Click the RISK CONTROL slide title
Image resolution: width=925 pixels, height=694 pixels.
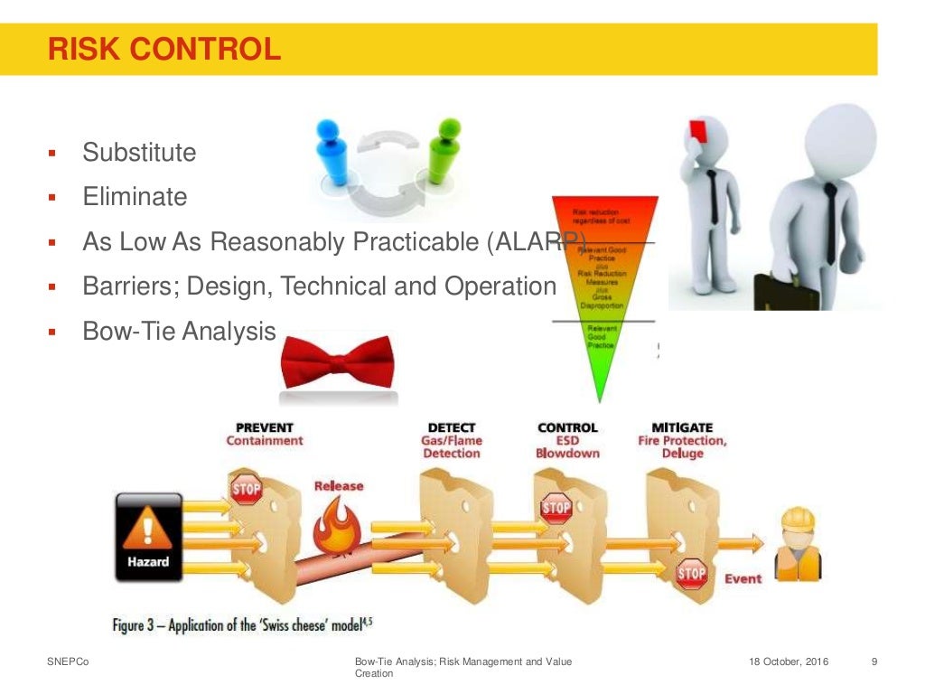coord(164,49)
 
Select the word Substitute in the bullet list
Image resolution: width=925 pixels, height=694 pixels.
coord(139,153)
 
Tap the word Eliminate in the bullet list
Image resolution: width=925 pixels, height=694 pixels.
coord(135,197)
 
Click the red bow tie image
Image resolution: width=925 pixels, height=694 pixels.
coord(337,363)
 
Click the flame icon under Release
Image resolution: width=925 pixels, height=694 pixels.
coord(337,529)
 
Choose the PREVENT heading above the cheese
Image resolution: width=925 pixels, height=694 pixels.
coord(264,427)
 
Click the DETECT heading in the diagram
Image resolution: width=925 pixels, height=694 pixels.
coord(452,427)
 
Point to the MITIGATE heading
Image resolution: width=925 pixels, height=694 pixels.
coord(682,427)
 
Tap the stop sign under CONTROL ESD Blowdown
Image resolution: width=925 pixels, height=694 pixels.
coord(556,508)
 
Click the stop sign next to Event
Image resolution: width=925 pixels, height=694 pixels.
coord(691,572)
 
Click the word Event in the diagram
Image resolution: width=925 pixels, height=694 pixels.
coord(743,578)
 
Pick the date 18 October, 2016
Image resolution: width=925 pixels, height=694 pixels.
coord(789,662)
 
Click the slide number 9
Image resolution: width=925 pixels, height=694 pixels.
coord(874,662)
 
